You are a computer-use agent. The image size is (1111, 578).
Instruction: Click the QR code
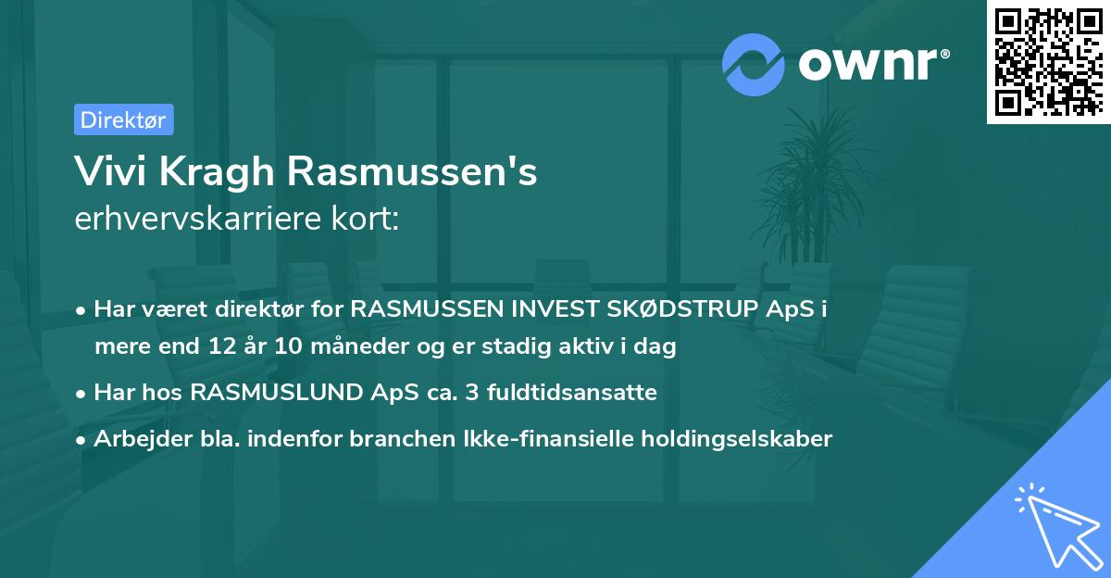[x=1049, y=61]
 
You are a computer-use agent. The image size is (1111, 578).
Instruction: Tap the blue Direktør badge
[x=122, y=119]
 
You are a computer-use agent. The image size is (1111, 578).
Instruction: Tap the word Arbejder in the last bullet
[x=135, y=439]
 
